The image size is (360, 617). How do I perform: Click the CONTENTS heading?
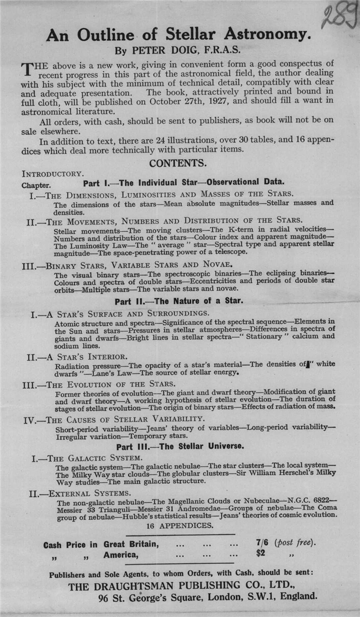[x=178, y=163]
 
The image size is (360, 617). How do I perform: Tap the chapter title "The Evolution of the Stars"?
[x=110, y=383]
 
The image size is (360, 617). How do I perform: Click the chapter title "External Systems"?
[x=89, y=493]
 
